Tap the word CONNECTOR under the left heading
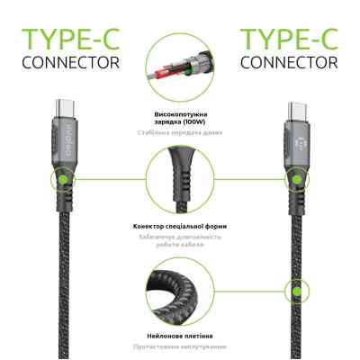pos(69,64)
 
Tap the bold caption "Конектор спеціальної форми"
pos(180,224)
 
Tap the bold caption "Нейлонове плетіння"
pos(180,334)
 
